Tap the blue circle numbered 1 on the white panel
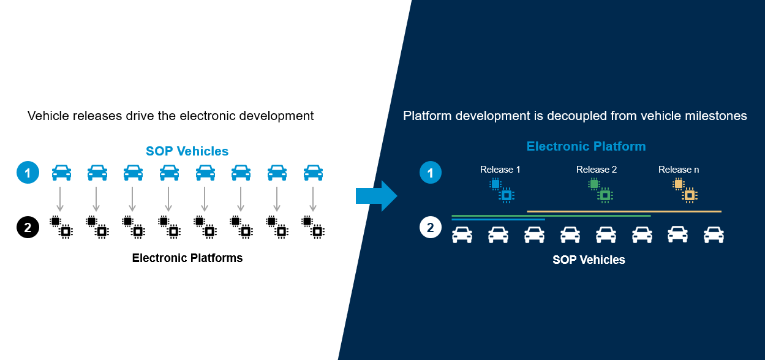[x=27, y=173]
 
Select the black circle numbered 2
[x=27, y=228]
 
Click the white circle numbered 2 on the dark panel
[x=430, y=228]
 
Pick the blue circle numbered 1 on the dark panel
[x=430, y=173]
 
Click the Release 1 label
[x=500, y=170]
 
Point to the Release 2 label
[x=596, y=170]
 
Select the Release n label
[x=678, y=170]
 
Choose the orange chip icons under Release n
[x=685, y=190]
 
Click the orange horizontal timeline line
[x=624, y=211]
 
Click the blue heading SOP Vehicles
[x=187, y=151]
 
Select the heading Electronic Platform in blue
[x=586, y=146]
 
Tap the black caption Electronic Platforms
[x=187, y=258]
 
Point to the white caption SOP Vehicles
[x=589, y=260]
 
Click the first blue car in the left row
[x=61, y=173]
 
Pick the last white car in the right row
[x=714, y=234]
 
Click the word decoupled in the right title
[x=573, y=116]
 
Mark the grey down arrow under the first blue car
[x=60, y=199]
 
